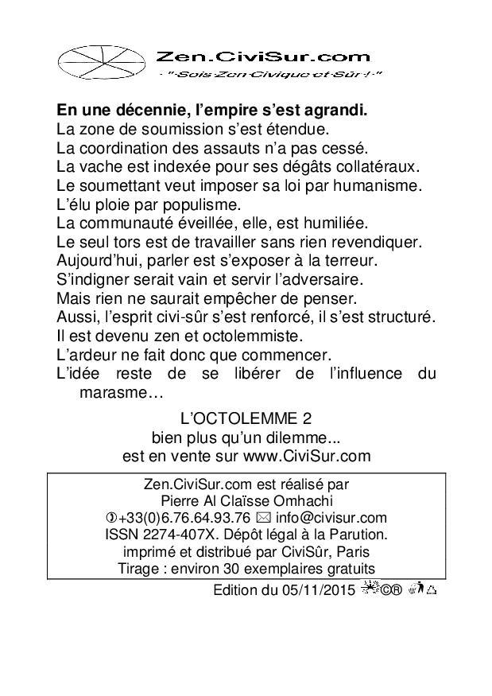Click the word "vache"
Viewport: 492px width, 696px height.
click(97, 167)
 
